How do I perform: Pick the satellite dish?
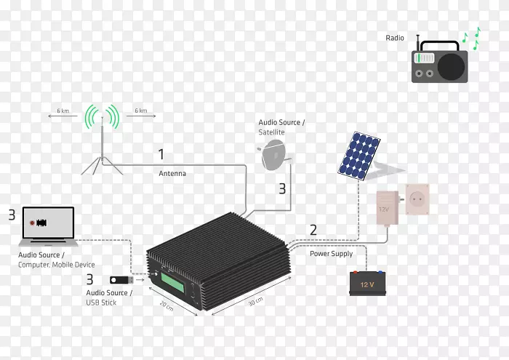click(274, 153)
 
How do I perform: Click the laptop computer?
click(47, 225)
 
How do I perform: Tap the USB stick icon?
click(121, 279)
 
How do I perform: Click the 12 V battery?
click(365, 281)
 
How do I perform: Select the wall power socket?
click(417, 201)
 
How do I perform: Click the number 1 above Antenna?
click(161, 155)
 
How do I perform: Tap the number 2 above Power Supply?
click(313, 230)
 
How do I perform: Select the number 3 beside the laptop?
click(11, 215)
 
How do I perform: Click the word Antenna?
click(173, 174)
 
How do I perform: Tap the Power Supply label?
click(331, 254)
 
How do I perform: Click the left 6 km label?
click(63, 111)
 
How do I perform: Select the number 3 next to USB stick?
click(89, 278)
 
